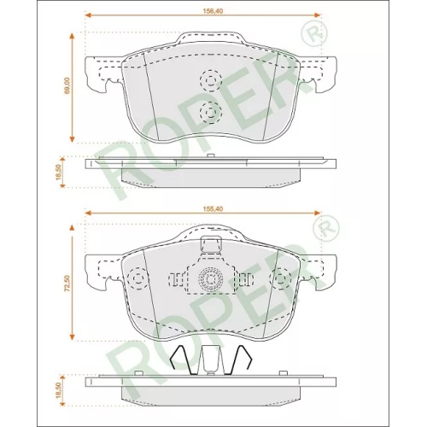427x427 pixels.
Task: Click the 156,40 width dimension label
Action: pos(213,11)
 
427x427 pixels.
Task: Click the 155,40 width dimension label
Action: pos(213,209)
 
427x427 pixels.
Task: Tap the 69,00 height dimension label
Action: pos(67,85)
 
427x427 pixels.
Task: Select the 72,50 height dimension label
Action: pos(67,284)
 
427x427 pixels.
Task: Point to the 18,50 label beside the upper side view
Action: pos(59,173)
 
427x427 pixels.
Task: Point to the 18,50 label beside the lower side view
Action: pos(59,390)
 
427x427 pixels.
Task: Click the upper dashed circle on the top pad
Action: pos(211,70)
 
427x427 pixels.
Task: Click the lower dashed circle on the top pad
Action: pos(211,102)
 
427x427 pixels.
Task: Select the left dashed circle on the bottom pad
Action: pos(138,267)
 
